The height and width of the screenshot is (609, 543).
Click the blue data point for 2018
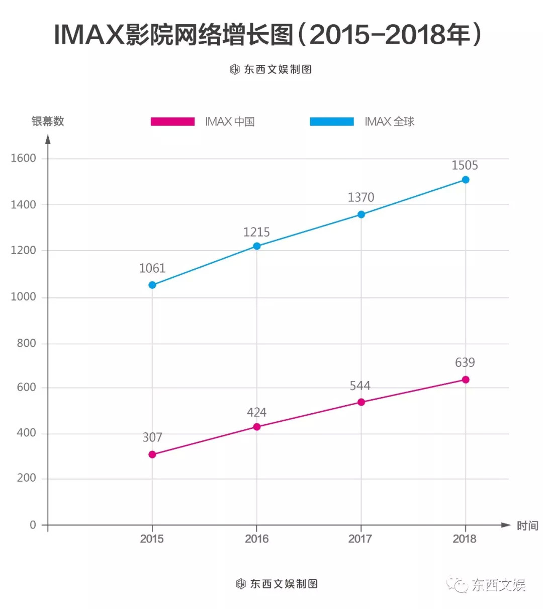466,180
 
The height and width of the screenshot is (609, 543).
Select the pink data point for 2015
152,454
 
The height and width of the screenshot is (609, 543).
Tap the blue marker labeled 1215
257,246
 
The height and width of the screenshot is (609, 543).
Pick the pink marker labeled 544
361,402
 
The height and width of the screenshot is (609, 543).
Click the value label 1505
465,166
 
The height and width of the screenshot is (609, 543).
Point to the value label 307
152,437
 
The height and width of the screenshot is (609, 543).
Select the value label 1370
361,197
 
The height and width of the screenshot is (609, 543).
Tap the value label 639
465,362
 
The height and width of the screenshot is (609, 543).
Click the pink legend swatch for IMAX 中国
172,121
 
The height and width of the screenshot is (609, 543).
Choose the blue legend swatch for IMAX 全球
332,121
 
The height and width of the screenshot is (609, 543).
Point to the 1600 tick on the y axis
24,158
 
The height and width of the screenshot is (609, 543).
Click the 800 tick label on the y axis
26,343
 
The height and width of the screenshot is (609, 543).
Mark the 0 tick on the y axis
33,525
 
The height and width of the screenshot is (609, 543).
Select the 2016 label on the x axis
256,539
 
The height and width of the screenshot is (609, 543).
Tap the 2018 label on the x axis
465,539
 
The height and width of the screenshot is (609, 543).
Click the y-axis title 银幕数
48,121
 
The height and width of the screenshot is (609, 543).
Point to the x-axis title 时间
527,526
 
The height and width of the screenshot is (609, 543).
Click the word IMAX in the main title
89,35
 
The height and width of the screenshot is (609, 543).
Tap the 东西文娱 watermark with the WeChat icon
487,585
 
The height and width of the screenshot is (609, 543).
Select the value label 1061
152,268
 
